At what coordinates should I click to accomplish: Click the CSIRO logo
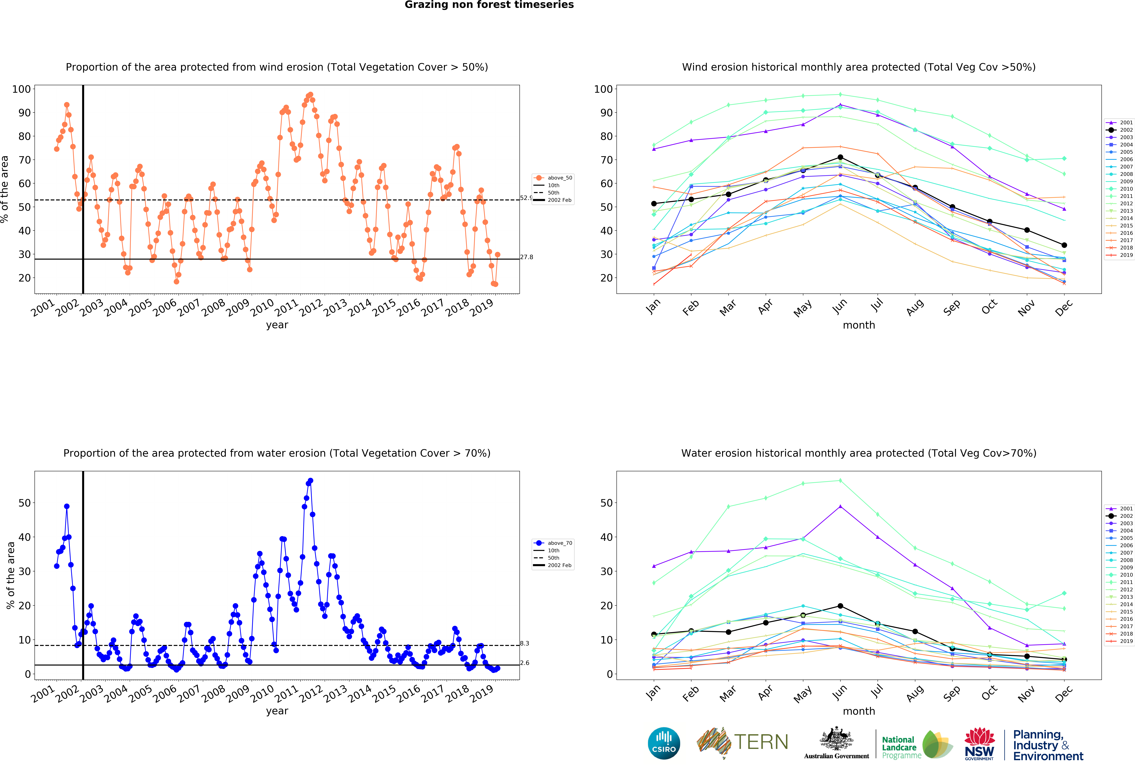click(x=664, y=743)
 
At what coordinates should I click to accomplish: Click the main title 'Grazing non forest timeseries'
click(x=489, y=5)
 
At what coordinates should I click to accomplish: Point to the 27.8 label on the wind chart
click(x=527, y=257)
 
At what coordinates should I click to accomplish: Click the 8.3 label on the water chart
click(x=525, y=643)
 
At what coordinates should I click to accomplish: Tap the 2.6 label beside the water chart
click(x=525, y=663)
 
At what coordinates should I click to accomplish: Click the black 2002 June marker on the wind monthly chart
click(x=840, y=157)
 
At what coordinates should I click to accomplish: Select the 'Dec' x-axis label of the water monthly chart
click(x=1064, y=693)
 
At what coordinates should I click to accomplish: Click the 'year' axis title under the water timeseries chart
click(x=277, y=711)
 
